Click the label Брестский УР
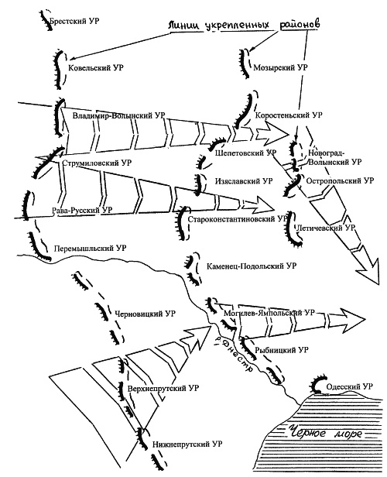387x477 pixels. coord(74,22)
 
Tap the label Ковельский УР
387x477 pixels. coord(96,67)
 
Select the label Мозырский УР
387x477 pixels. coord(280,67)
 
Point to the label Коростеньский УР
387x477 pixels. coord(289,115)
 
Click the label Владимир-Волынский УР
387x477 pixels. coord(119,115)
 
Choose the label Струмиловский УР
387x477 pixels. coord(97,163)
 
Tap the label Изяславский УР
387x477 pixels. coord(244,181)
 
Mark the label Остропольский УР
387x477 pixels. coord(340,180)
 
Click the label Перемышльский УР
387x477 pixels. coord(90,249)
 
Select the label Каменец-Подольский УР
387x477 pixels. coord(252,266)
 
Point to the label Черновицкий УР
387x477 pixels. coord(145,314)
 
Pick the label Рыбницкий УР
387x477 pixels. coord(282,350)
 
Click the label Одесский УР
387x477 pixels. coord(349,386)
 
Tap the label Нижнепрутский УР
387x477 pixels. coord(187,444)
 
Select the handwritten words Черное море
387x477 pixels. coord(325,431)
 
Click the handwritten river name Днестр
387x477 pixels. coord(235,355)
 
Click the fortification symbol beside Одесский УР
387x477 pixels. coord(318,384)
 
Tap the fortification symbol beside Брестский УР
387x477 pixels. coord(46,20)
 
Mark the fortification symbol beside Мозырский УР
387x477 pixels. coord(243,63)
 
